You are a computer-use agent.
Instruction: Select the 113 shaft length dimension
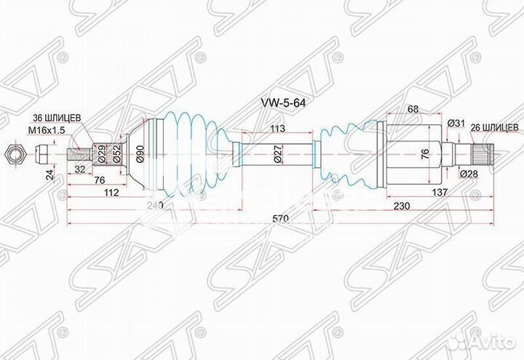pyautogui.click(x=276, y=129)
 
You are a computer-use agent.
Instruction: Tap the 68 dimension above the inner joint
pyautogui.click(x=413, y=109)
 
